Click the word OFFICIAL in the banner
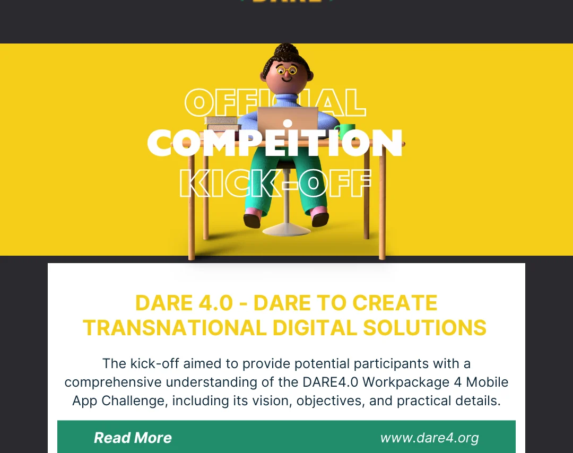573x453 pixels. (275, 102)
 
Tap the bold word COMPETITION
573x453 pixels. (274, 143)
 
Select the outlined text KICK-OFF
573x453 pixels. (275, 184)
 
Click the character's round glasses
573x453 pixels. (287, 69)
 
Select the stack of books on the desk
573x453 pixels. (222, 124)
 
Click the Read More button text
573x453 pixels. (133, 438)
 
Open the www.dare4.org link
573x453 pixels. (429, 438)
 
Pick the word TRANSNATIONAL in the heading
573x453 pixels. (175, 328)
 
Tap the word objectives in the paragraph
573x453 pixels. (329, 400)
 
